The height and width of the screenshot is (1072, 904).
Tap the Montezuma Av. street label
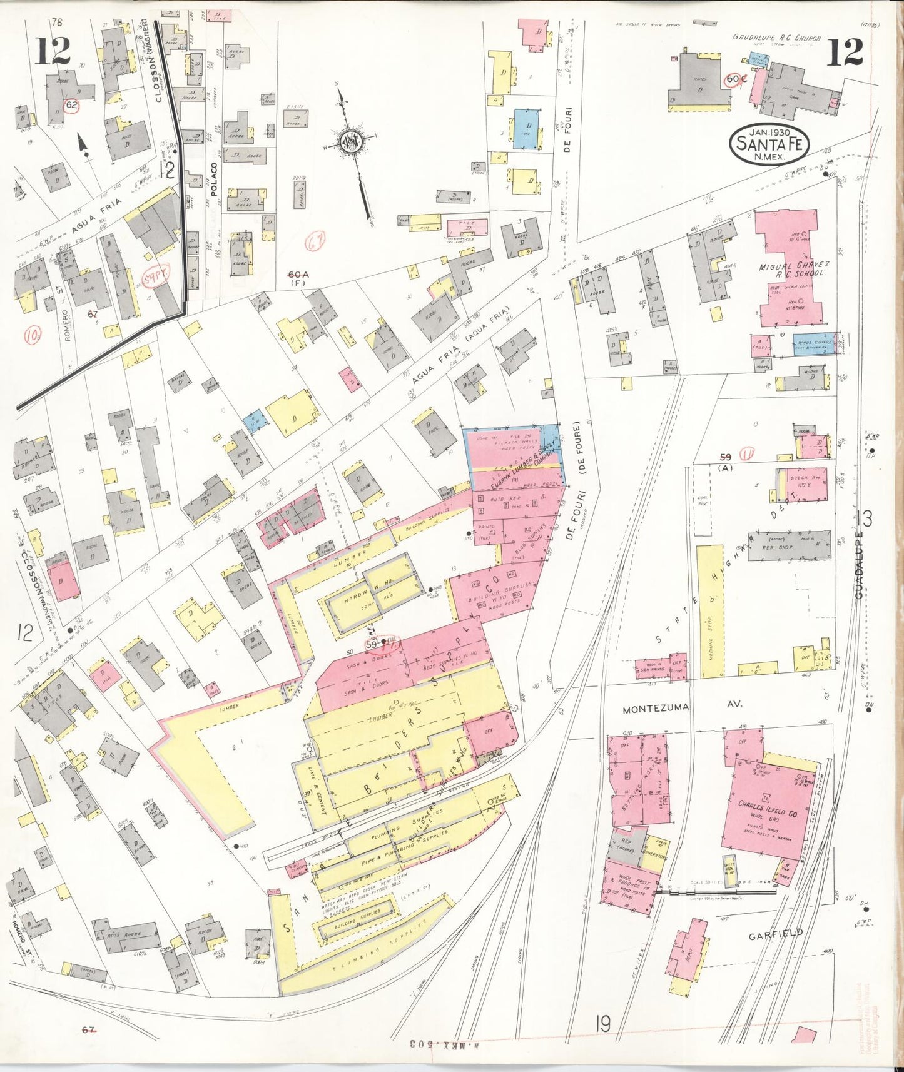click(682, 707)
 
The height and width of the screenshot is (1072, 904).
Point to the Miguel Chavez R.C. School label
click(791, 270)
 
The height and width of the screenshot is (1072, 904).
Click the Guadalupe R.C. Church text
click(776, 38)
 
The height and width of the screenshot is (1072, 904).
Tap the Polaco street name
click(213, 180)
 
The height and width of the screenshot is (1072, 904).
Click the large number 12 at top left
click(53, 51)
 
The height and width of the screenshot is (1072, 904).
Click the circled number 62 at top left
click(72, 105)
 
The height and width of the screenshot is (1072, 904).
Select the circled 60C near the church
click(736, 79)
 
